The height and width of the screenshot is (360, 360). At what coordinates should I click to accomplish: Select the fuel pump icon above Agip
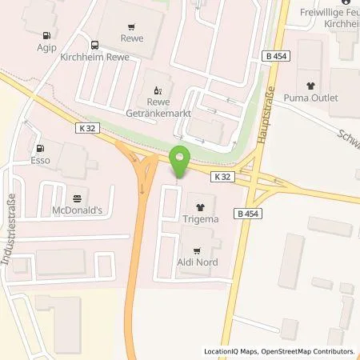[47, 35]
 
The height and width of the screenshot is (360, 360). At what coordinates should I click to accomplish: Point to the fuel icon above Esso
[38, 148]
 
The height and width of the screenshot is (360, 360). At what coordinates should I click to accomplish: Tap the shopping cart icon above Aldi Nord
[197, 249]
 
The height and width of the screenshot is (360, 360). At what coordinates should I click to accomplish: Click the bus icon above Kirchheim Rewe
[95, 45]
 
